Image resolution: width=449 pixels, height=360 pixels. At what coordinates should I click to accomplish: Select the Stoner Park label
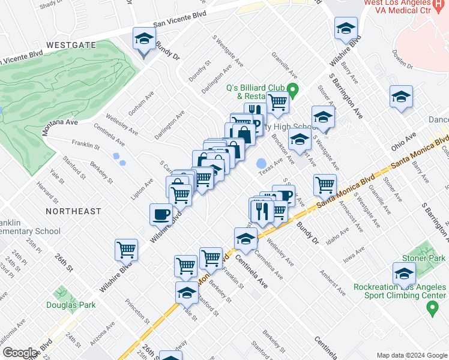coord(428,258)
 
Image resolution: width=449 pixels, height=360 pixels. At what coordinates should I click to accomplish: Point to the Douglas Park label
coord(71,305)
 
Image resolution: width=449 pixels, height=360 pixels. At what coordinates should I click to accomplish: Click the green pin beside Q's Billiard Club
coord(293,92)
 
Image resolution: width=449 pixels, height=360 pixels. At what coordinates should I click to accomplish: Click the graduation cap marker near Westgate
coord(143,41)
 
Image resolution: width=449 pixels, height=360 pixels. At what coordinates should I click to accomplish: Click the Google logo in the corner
coord(20,353)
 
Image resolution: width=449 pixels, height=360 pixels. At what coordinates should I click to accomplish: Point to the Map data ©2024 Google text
coord(411,355)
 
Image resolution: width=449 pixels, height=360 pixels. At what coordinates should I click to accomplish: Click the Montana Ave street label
coord(60,122)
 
